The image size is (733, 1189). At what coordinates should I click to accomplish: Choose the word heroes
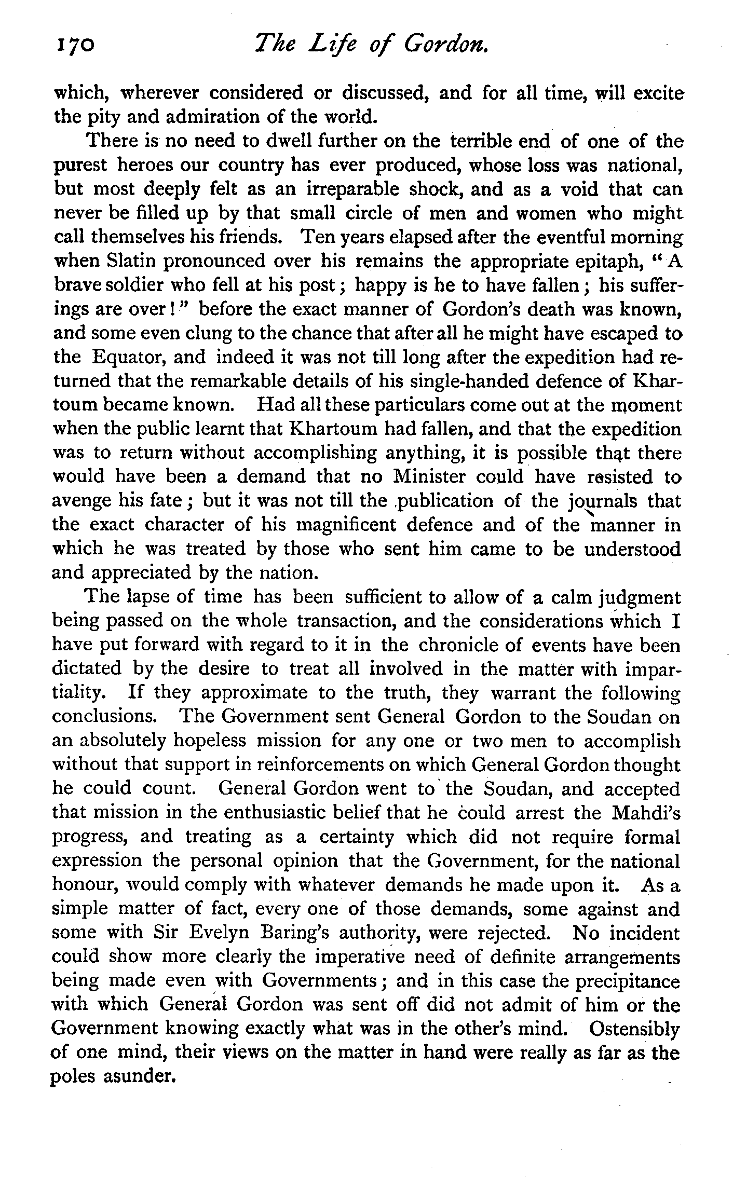[144, 166]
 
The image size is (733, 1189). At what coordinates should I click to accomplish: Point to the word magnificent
[345, 525]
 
